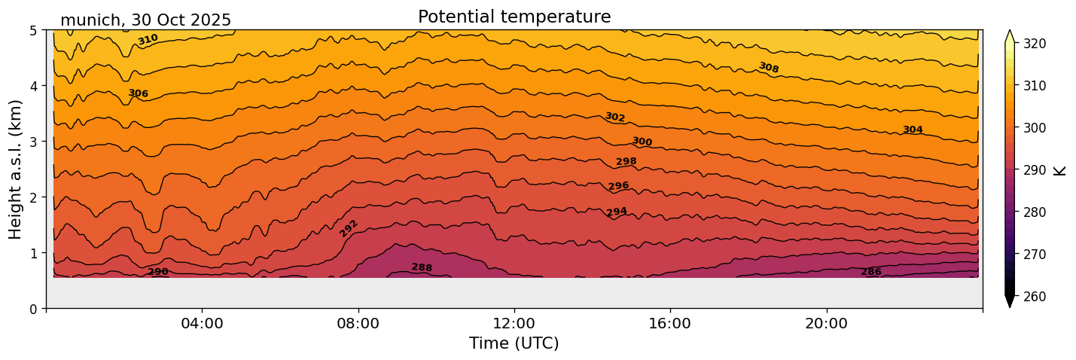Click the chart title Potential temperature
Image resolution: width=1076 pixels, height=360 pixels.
pos(514,17)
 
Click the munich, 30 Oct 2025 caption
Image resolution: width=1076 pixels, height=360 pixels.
pos(145,20)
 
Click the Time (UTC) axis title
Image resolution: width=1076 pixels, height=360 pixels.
pos(514,343)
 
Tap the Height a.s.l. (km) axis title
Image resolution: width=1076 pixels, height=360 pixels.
pos(16,169)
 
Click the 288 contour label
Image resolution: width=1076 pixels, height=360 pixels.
pos(422,267)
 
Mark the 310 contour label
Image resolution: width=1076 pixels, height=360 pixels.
pos(148,39)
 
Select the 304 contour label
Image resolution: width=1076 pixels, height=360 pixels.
pos(913,130)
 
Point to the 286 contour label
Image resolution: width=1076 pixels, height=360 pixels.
pos(871,272)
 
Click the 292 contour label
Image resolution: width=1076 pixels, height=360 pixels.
pos(349,228)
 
